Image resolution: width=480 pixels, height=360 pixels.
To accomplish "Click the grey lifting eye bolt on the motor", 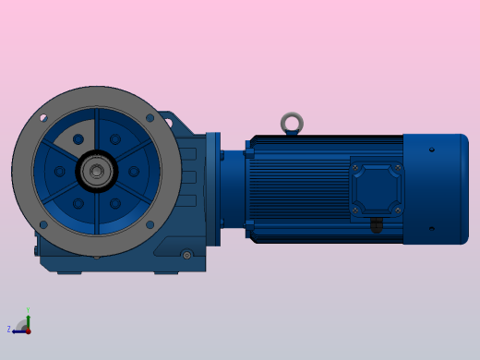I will point(292,122).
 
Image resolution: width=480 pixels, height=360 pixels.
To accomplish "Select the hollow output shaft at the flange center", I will point(96,171).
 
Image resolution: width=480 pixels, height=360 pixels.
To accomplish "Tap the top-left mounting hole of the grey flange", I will point(42,118).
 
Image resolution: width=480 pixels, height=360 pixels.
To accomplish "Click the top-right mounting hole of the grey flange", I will point(150,118).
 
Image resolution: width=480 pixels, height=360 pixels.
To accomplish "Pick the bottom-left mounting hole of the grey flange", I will point(42,224).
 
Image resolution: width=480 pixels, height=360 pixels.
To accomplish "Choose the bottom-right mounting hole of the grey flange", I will point(150,224).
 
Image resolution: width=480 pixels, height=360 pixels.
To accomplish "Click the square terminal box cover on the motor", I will point(376,188).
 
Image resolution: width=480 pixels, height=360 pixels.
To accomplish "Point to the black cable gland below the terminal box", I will point(376,225).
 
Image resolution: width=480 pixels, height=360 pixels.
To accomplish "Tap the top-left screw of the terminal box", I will point(355,167).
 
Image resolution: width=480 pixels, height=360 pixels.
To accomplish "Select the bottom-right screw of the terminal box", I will point(397,210).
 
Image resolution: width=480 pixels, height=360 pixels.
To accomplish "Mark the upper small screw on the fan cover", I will point(432,149).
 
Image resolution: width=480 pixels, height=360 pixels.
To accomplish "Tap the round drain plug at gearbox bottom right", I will point(186,255).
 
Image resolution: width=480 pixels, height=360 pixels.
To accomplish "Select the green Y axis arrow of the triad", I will point(28,315).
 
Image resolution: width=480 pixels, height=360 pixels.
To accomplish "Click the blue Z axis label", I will point(9,330).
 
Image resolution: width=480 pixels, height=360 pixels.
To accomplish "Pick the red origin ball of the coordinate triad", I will point(28,330).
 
